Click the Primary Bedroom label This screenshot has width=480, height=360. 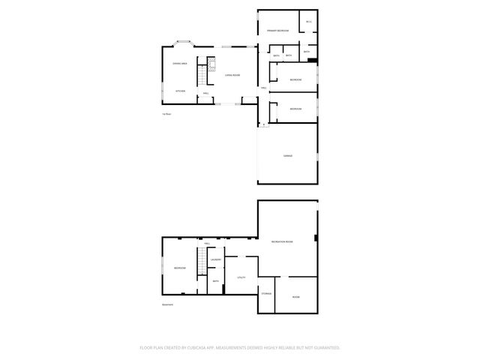pyautogui.click(x=277, y=31)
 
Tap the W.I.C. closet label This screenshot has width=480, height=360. pyautogui.click(x=308, y=22)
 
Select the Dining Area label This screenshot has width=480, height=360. pyautogui.click(x=179, y=64)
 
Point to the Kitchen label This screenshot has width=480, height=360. pyautogui.click(x=180, y=91)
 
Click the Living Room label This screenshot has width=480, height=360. pyautogui.click(x=232, y=75)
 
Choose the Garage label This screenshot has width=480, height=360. pyautogui.click(x=287, y=155)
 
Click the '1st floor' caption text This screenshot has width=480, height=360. pyautogui.click(x=167, y=114)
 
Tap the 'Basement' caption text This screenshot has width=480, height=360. pyautogui.click(x=168, y=304)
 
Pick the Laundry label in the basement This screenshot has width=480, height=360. pyautogui.click(x=215, y=259)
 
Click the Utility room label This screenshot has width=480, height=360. pyautogui.click(x=241, y=277)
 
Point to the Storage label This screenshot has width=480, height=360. pyautogui.click(x=266, y=293)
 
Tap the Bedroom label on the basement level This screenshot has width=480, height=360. pyautogui.click(x=180, y=268)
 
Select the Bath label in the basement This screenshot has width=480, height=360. pyautogui.click(x=215, y=281)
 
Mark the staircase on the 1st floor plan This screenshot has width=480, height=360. pyautogui.click(x=201, y=74)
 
